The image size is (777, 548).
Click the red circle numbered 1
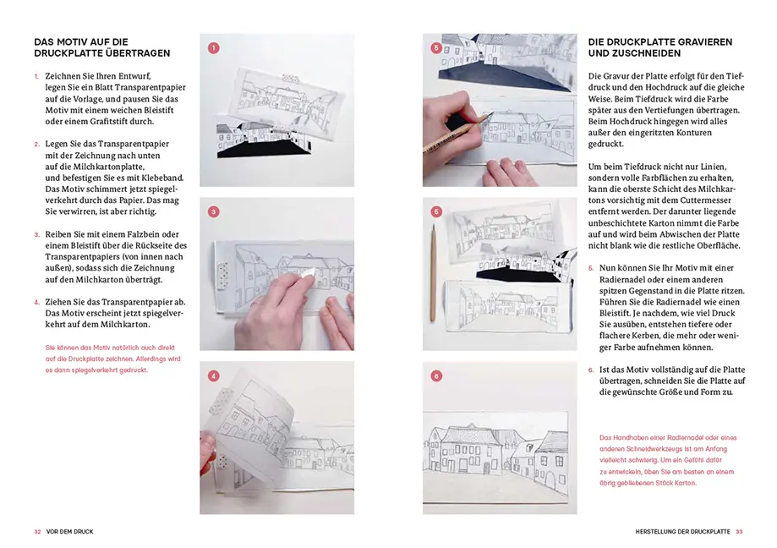[213, 48]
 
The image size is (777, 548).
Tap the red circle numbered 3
[213, 211]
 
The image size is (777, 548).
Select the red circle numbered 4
[213, 375]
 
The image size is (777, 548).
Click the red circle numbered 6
[436, 375]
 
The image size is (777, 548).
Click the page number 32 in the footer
[37, 531]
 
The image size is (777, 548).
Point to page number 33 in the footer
[739, 531]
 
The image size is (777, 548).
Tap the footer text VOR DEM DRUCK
[69, 531]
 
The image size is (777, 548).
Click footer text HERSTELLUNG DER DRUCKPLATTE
[682, 531]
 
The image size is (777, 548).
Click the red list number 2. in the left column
[37, 144]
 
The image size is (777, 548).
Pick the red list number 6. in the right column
[591, 370]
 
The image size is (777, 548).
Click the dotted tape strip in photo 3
[224, 275]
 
